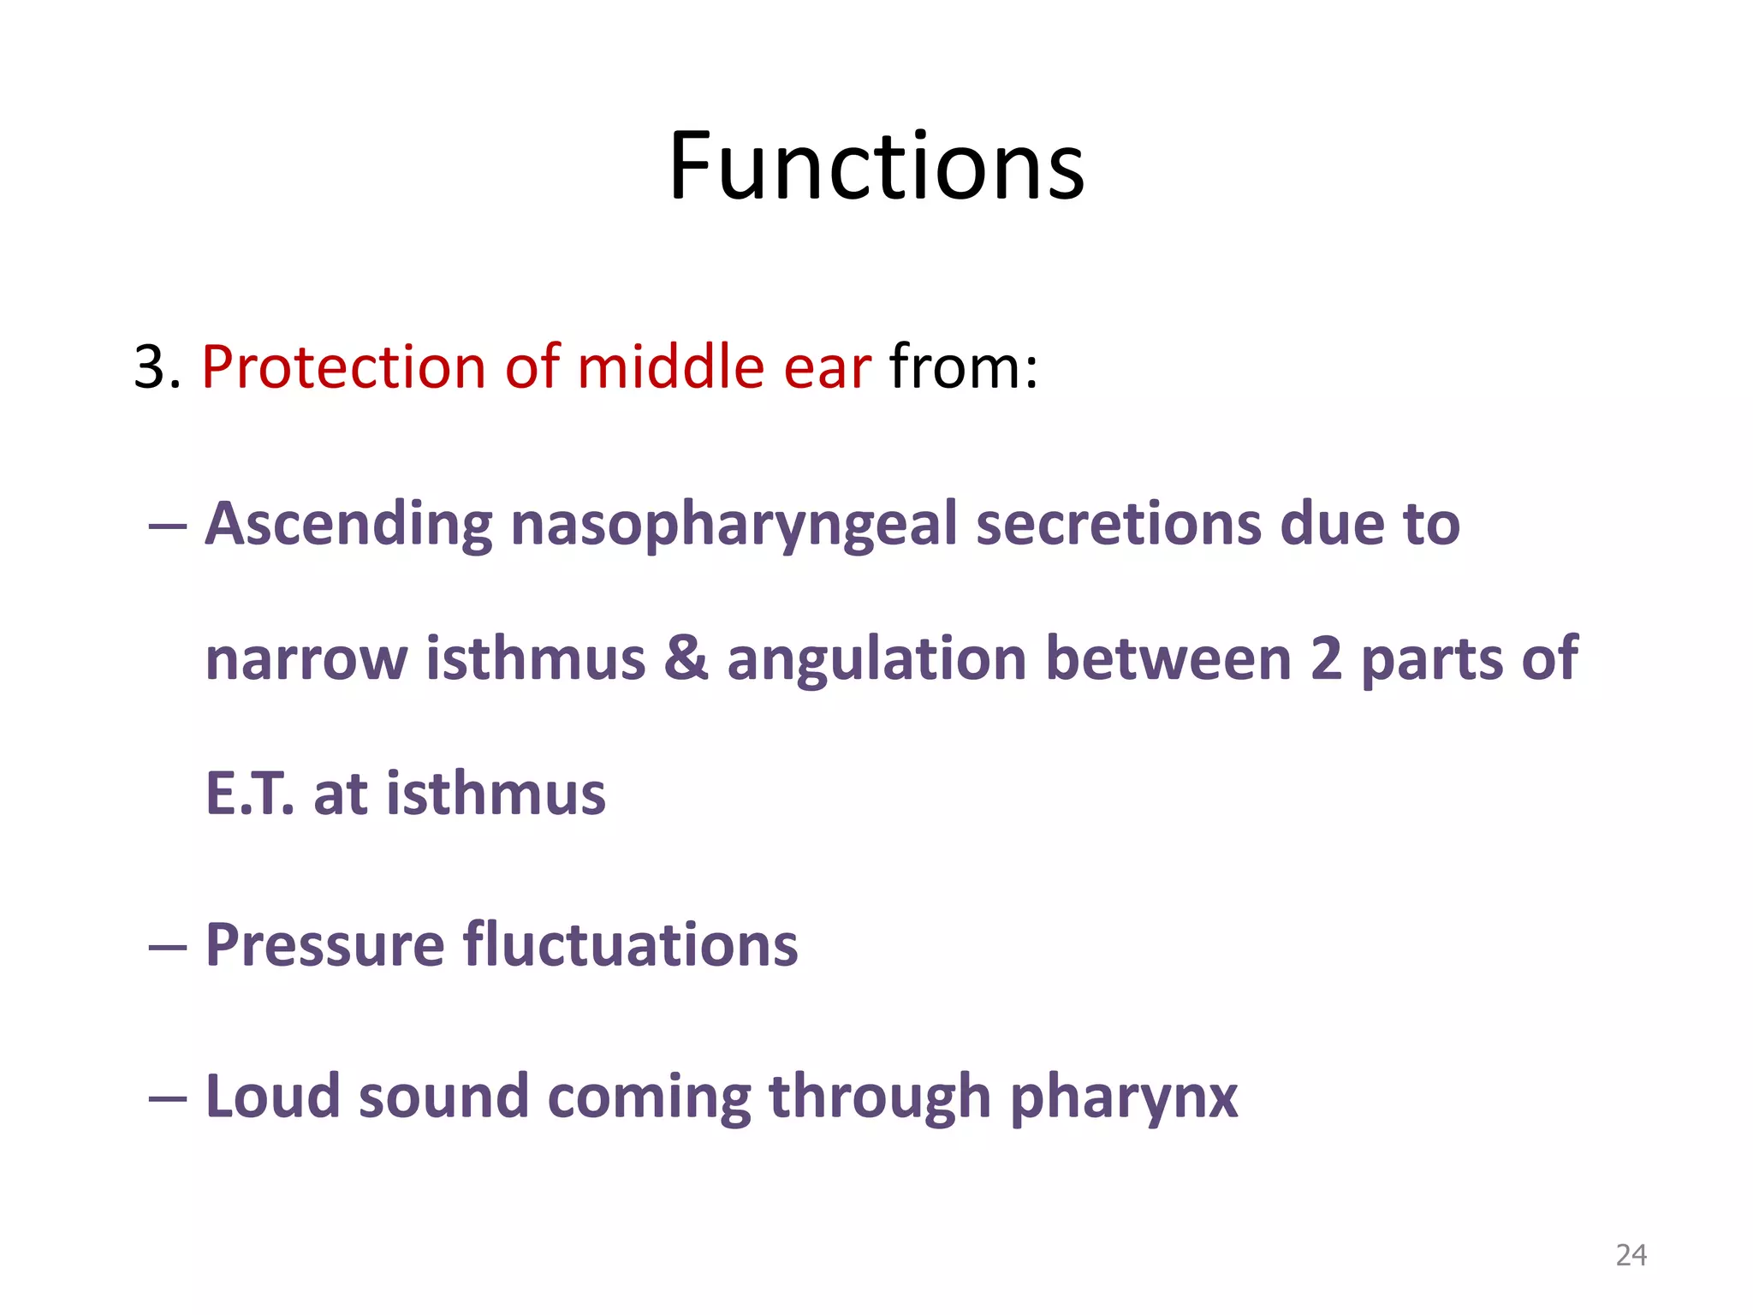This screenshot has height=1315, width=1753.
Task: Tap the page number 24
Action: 1631,1255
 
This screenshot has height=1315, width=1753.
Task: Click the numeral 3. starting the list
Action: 157,368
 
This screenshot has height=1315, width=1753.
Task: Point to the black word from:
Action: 963,368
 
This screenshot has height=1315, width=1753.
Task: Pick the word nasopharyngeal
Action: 734,526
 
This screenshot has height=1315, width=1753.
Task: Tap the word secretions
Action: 1118,524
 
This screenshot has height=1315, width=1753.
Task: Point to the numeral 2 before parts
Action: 1326,659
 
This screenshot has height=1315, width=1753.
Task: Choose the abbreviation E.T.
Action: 249,794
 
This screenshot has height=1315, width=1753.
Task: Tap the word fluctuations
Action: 631,945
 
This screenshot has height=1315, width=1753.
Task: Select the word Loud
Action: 272,1097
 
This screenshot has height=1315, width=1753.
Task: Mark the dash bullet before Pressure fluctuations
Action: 167,947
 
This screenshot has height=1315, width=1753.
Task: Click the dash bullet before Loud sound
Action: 167,1098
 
